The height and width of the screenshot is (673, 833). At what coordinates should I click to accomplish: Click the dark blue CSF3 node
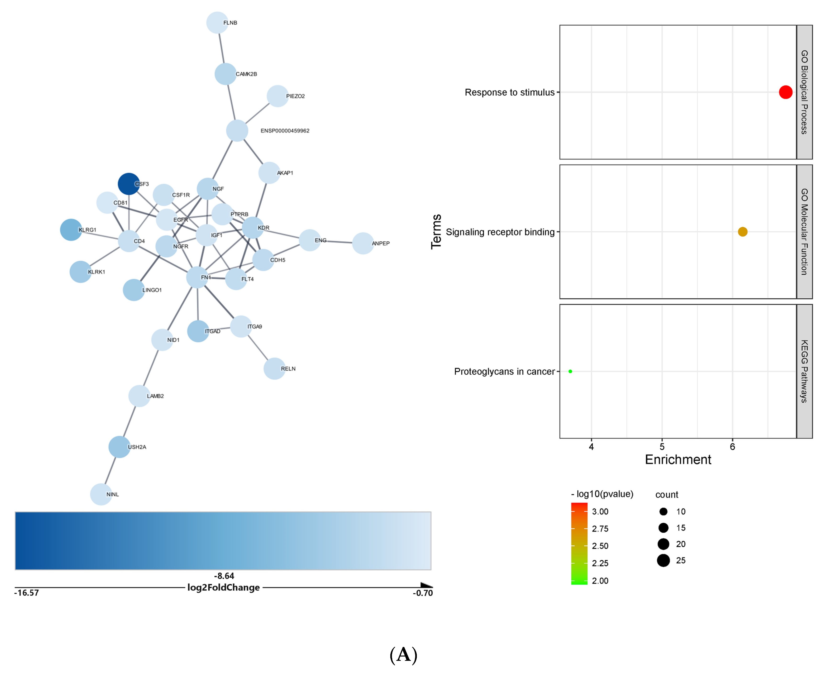(x=129, y=184)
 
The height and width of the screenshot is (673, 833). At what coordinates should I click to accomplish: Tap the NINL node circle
(x=101, y=494)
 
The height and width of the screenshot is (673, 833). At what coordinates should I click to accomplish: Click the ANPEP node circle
(x=363, y=243)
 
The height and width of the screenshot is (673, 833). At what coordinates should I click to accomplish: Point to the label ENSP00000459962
(x=285, y=131)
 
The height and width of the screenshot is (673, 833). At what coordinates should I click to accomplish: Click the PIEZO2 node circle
(x=277, y=96)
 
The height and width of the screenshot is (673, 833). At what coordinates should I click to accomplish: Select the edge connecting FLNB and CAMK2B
(x=221, y=48)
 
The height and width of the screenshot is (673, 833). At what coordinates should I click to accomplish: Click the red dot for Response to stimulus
(x=785, y=92)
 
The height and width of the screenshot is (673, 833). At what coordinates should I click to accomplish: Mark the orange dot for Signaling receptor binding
(x=742, y=232)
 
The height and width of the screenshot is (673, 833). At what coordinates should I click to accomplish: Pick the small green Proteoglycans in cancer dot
(x=570, y=371)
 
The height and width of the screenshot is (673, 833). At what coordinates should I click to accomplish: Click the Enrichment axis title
(x=678, y=460)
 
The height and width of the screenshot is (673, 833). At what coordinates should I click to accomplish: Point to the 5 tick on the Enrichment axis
(x=662, y=447)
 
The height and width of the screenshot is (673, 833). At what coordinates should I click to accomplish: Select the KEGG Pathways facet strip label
(x=804, y=371)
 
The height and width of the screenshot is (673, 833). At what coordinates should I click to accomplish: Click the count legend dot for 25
(x=663, y=560)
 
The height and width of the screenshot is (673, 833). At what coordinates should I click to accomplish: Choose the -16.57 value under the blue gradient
(x=26, y=593)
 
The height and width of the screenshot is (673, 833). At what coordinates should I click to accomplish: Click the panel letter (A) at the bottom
(x=403, y=654)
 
